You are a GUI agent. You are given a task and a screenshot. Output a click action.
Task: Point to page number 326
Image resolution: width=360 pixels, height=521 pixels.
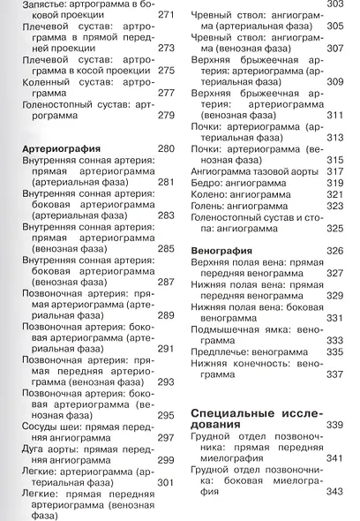click(334, 252)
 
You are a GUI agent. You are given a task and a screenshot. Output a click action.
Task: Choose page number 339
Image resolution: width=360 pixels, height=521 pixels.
click(334, 426)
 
